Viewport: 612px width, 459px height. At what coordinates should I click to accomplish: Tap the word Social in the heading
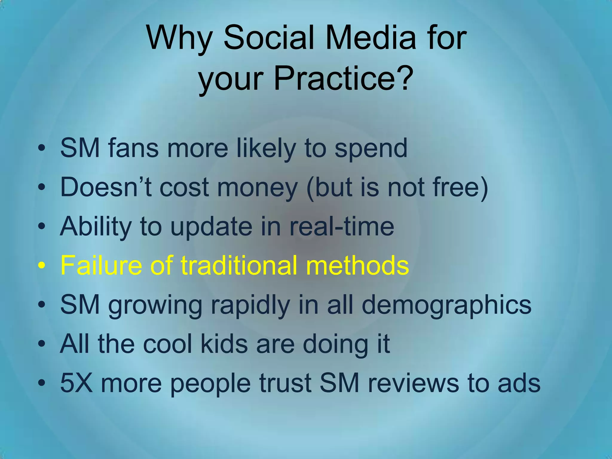269,38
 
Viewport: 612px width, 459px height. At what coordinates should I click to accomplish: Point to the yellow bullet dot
42,265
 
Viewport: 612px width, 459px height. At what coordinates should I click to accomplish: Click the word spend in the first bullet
371,149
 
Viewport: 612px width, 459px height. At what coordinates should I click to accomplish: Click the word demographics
446,305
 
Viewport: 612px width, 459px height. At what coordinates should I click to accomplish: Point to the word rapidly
250,305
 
